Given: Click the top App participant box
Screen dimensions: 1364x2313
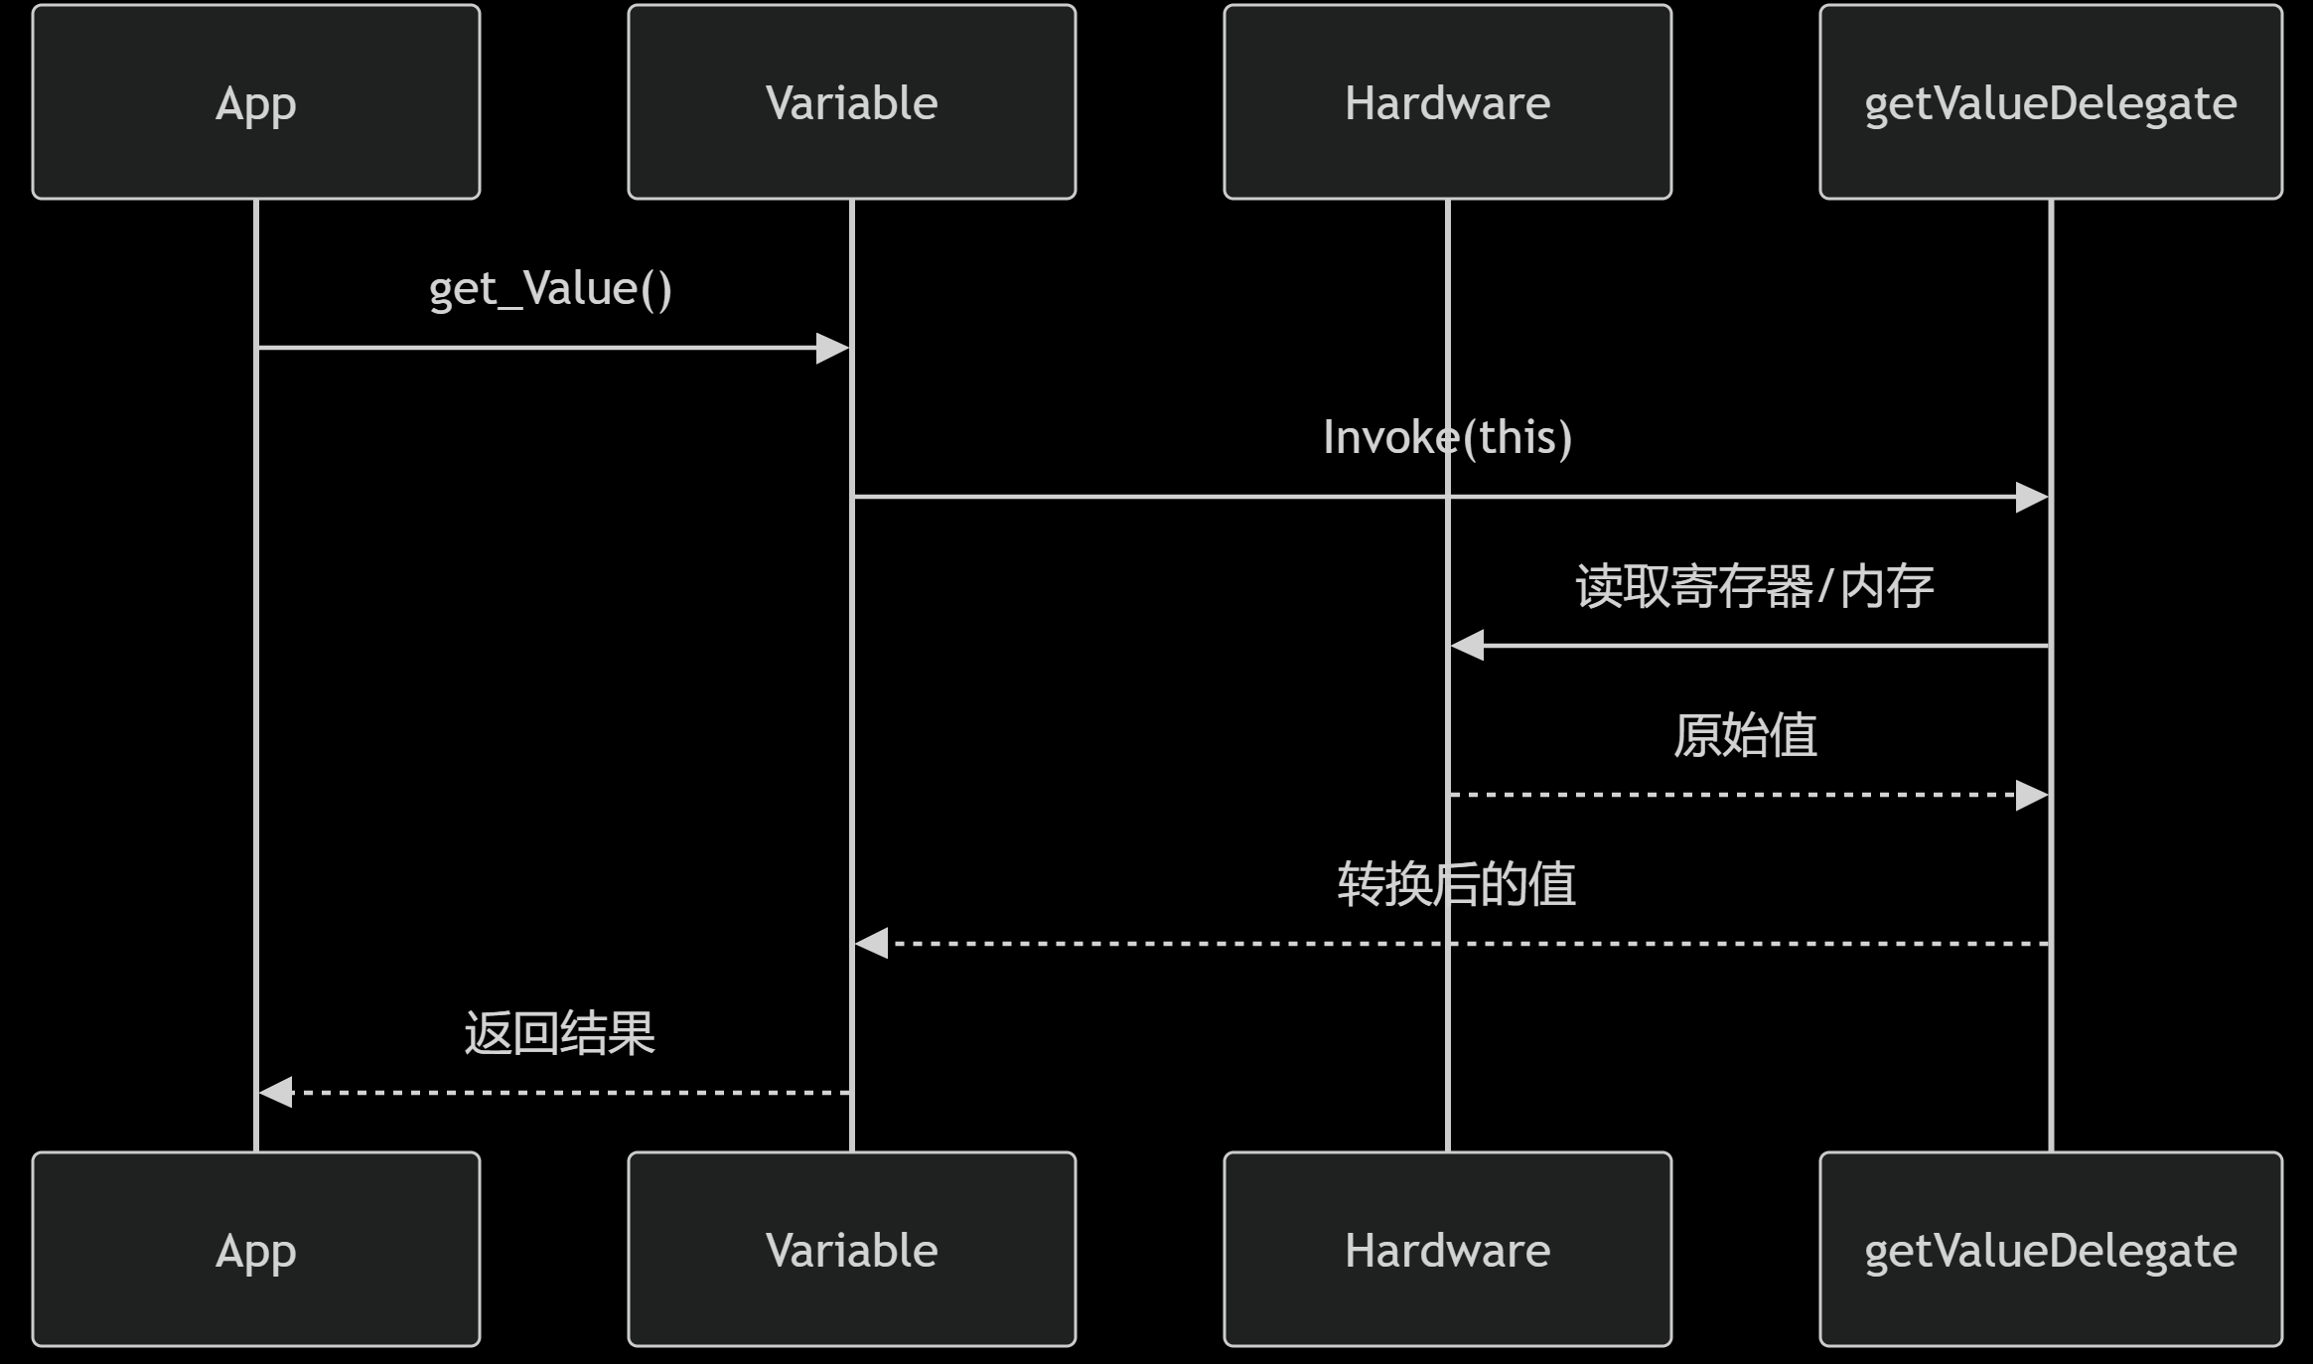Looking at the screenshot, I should coord(256,102).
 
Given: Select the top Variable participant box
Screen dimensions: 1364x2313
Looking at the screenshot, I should coord(851,102).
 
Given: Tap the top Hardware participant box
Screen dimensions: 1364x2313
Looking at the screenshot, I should coord(1447,102).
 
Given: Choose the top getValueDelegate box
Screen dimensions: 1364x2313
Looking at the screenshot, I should coord(2050,102).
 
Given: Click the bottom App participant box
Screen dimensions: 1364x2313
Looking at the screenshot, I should coord(256,1249).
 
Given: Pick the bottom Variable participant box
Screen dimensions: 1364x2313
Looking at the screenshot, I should coord(851,1249).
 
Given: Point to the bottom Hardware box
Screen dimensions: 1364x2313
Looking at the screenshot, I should coord(1447,1249).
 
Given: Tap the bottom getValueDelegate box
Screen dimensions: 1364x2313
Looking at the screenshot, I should coord(2050,1249).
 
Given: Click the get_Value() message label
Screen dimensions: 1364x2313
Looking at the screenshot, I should coord(550,289).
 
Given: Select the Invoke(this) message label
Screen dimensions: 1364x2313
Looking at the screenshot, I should coord(1447,437).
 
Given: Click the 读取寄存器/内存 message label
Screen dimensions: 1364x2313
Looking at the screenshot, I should coord(1754,586).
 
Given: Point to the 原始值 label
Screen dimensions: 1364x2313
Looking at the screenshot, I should coord(1745,735).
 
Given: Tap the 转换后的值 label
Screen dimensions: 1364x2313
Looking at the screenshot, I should coord(1456,884).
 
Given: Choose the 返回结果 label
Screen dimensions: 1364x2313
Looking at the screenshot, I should coord(559,1033).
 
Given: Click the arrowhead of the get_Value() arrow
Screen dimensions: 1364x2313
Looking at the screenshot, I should coord(832,348).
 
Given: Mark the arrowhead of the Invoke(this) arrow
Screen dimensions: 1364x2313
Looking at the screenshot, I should coord(2031,497).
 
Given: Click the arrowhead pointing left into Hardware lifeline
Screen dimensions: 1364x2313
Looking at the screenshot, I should coord(1468,646).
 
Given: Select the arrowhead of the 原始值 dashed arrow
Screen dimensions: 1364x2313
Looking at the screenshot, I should coord(2031,795).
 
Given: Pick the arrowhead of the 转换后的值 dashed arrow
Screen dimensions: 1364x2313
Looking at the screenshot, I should coord(872,944).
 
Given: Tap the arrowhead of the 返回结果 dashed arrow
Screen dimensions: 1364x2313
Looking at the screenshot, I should coord(276,1092).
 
